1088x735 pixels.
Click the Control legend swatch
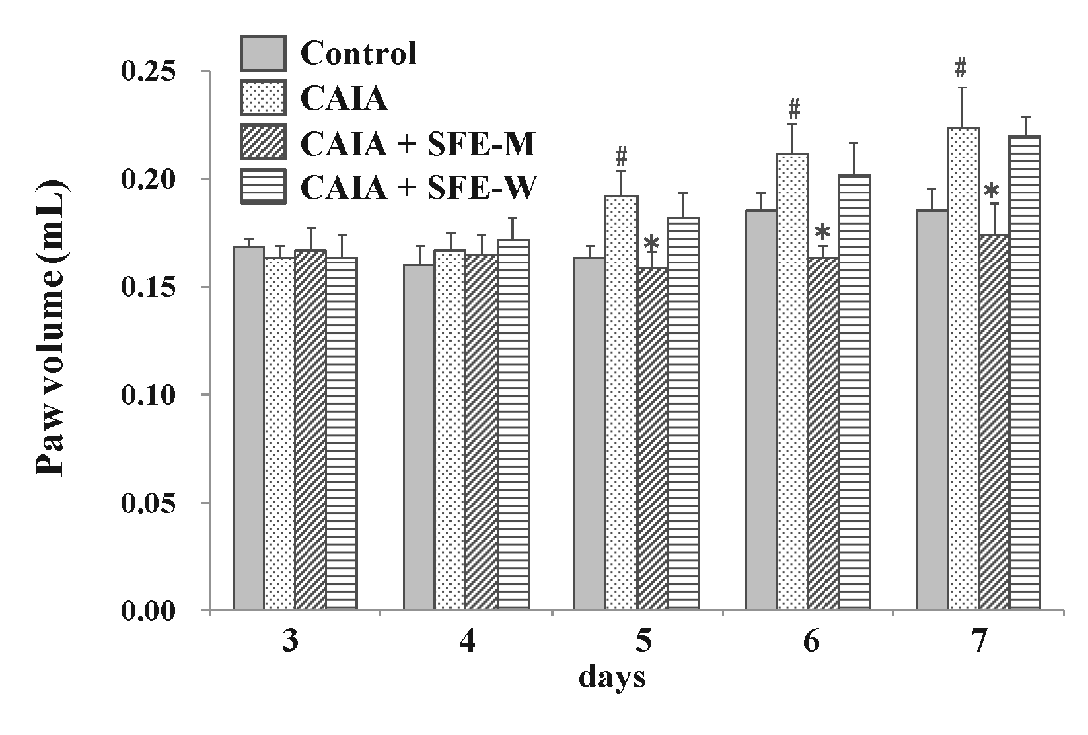pyautogui.click(x=263, y=53)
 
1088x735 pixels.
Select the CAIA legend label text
pyautogui.click(x=344, y=99)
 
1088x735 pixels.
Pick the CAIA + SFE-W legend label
pyautogui.click(x=418, y=188)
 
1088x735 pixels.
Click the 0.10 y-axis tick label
pyautogui.click(x=151, y=395)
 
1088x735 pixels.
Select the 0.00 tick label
pyautogui.click(x=151, y=611)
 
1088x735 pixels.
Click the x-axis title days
pyautogui.click(x=612, y=678)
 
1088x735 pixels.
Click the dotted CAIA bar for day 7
pyautogui.click(x=962, y=368)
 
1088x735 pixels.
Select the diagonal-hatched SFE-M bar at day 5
pyautogui.click(x=652, y=438)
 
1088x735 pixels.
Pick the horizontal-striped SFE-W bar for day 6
pyautogui.click(x=854, y=392)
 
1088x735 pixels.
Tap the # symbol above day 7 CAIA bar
pyautogui.click(x=962, y=67)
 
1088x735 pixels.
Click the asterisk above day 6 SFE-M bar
pyautogui.click(x=822, y=234)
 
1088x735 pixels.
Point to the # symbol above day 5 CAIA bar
pyautogui.click(x=620, y=157)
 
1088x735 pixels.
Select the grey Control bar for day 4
pyautogui.click(x=419, y=437)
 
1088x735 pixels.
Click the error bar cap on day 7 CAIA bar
pyautogui.click(x=963, y=88)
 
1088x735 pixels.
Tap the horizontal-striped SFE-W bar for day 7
pyautogui.click(x=1025, y=372)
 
